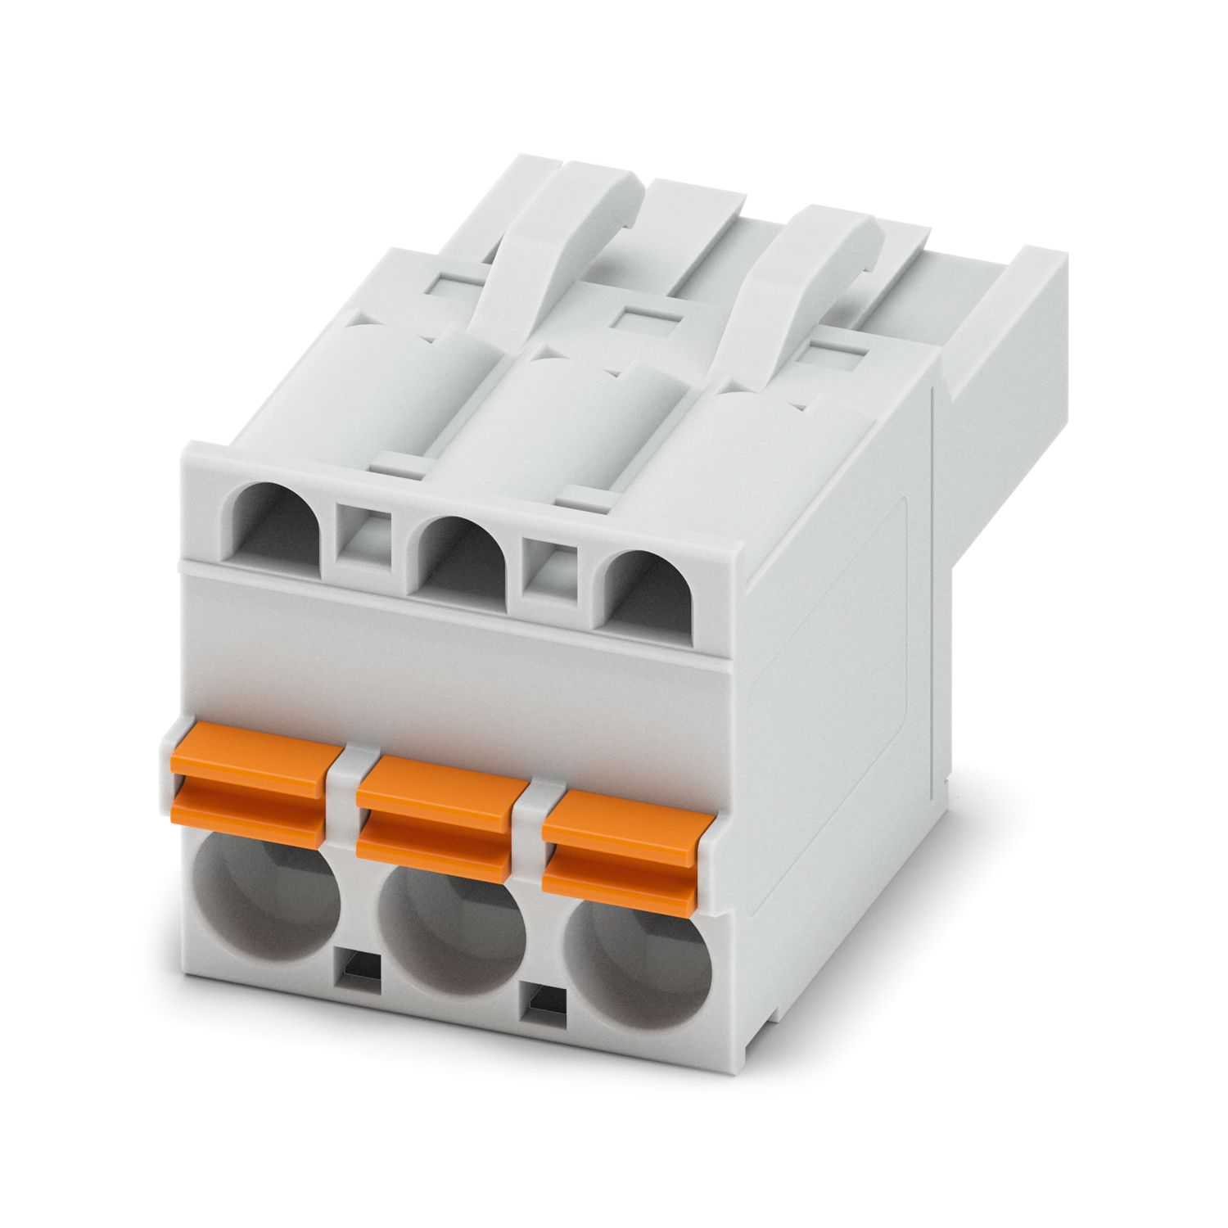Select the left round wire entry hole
(268, 908)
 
